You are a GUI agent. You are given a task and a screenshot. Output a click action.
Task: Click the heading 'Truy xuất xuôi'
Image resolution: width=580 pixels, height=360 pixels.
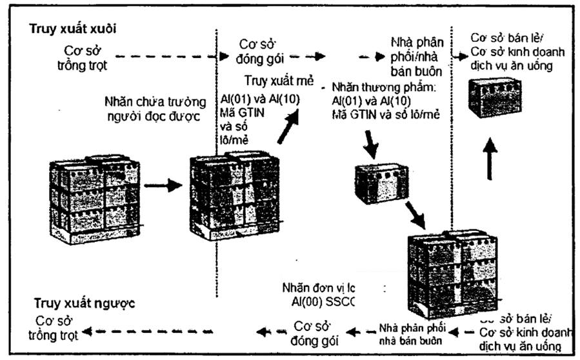(71, 29)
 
